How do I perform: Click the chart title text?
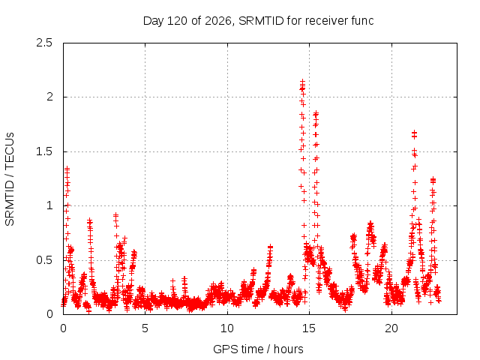258,21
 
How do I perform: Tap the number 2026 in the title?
218,21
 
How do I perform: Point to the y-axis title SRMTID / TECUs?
10,179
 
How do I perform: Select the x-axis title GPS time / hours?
258,349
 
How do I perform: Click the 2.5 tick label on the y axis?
44,43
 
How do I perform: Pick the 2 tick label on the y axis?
49,97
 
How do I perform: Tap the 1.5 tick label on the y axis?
44,151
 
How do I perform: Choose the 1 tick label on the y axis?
50,205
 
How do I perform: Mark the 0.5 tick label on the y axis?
44,260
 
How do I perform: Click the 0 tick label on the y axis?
49,314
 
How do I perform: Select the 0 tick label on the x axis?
63,328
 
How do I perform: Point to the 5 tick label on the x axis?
145,328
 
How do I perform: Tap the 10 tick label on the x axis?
227,328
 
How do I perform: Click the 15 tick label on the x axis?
309,328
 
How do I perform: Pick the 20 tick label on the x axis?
391,328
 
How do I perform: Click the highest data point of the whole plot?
302,82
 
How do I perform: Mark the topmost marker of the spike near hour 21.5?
414,133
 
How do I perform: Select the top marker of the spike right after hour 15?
316,113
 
